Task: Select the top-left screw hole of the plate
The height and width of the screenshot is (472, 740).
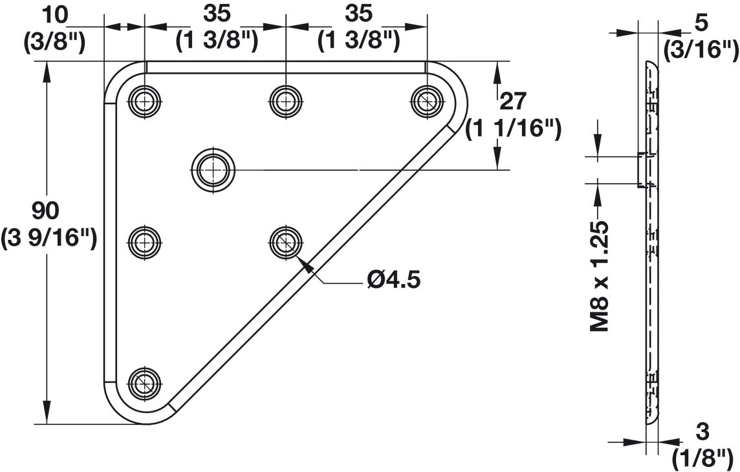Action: tap(144, 100)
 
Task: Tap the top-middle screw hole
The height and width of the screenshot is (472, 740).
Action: tap(285, 100)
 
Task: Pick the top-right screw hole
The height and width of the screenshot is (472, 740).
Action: tap(427, 100)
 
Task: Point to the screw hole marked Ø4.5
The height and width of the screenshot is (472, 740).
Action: tap(285, 243)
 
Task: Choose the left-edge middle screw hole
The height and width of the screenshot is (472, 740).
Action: tap(144, 243)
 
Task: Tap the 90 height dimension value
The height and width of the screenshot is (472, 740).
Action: tap(45, 210)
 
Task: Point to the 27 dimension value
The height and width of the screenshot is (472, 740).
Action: tap(514, 101)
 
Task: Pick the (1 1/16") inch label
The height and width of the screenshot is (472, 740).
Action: tap(514, 128)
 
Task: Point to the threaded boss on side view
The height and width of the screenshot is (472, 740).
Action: tap(644, 170)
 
